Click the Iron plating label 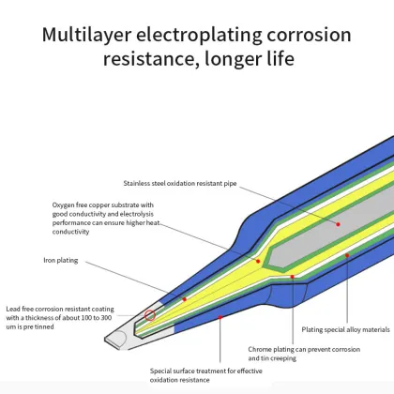pos(63,259)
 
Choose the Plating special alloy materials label pos(345,329)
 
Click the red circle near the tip pos(149,315)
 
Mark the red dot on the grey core pos(339,224)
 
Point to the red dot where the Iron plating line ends pos(185,299)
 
